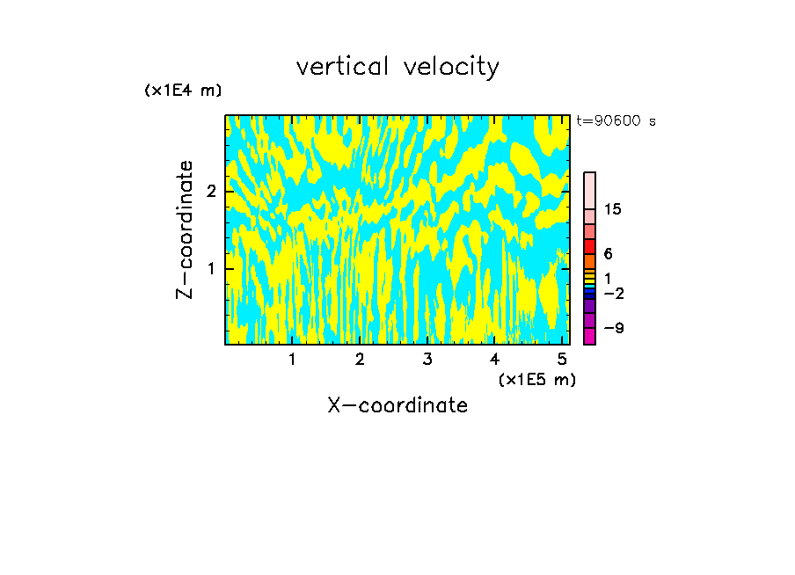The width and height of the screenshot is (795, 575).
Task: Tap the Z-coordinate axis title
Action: pos(185,229)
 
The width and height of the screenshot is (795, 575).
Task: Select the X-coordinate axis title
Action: pos(397,405)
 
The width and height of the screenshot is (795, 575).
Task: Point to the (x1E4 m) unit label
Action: pos(183,91)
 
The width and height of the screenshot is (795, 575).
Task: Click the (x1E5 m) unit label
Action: pos(536,379)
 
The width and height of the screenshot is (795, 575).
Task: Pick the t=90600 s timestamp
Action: pos(616,121)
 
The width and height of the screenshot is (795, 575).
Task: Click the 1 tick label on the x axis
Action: pos(293,359)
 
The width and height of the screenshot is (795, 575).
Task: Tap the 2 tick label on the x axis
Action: pos(360,359)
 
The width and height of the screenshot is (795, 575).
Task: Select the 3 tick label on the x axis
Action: pos(427,359)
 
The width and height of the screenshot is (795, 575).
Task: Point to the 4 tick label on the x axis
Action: pos(494,359)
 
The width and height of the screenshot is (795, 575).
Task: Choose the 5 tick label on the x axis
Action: pos(561,359)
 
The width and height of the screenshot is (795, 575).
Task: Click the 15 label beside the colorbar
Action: pos(613,209)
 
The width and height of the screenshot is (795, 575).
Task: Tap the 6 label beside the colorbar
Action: pos(608,254)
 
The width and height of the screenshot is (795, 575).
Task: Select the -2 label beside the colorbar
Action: pos(613,293)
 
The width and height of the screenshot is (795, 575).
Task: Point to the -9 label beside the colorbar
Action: pos(613,328)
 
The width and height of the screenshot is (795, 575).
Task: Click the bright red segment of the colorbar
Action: pos(589,247)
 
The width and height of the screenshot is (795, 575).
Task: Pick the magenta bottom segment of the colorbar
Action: pos(589,336)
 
